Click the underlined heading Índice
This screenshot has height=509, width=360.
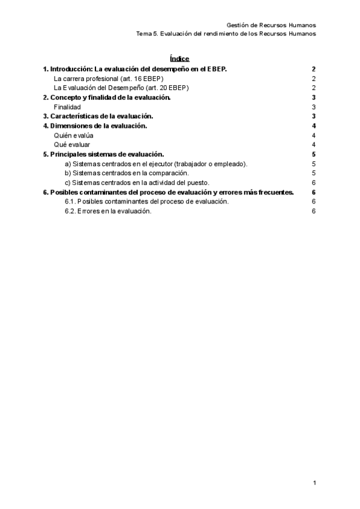(x=179, y=59)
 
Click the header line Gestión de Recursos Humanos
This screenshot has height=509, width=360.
(x=271, y=25)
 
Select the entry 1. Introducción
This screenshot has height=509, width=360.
(x=135, y=69)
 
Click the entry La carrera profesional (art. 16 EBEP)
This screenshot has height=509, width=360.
(x=109, y=79)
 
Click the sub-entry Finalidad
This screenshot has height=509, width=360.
(x=67, y=107)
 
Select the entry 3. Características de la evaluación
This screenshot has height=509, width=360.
(x=98, y=116)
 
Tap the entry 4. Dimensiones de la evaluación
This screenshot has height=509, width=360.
(x=95, y=125)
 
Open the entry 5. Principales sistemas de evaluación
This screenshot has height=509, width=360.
(x=104, y=154)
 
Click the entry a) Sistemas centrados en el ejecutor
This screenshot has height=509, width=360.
(x=156, y=163)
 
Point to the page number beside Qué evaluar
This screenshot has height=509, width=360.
(x=314, y=145)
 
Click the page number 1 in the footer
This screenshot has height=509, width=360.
(x=314, y=483)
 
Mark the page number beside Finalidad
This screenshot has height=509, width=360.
(x=314, y=107)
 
